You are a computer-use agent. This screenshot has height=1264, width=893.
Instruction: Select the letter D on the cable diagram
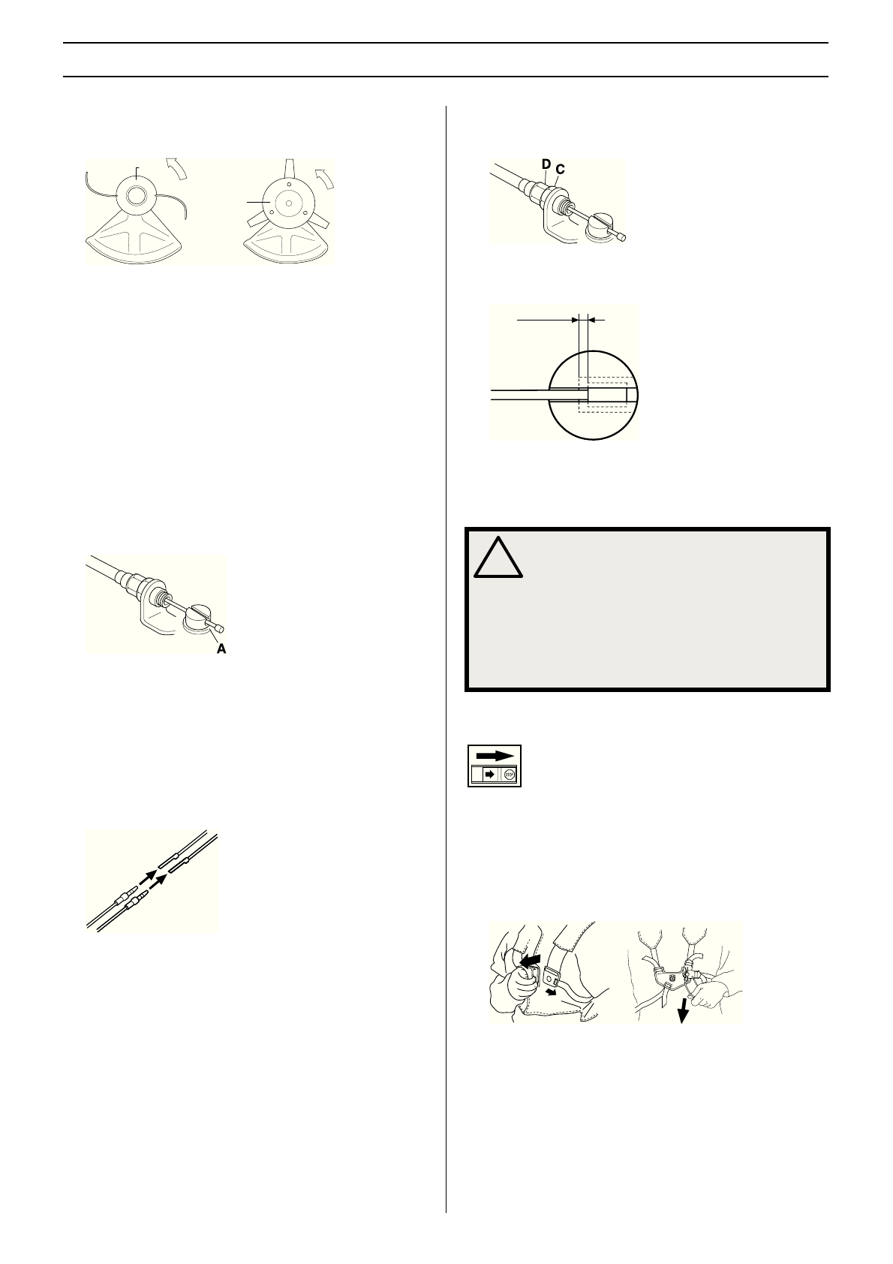click(x=546, y=164)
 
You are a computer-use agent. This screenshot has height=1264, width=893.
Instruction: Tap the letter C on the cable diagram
click(x=560, y=170)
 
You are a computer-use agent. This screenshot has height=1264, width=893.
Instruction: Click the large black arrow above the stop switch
click(x=495, y=755)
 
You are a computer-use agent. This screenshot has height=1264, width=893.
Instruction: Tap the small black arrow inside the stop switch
click(x=489, y=774)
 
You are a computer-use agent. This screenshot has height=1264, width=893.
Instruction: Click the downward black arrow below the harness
click(x=683, y=1010)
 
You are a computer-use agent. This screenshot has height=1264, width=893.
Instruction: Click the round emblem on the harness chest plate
click(x=672, y=977)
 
